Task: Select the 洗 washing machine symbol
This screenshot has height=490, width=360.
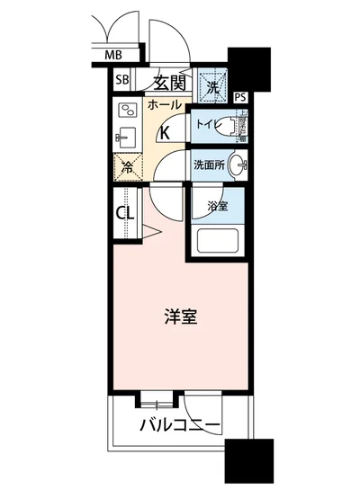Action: [213, 88]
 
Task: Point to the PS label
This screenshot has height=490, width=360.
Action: [240, 97]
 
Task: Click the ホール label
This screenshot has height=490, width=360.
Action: [163, 105]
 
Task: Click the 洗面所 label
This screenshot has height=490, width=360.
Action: [207, 165]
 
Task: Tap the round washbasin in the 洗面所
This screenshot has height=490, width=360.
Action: [238, 165]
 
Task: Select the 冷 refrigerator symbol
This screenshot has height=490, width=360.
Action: [128, 165]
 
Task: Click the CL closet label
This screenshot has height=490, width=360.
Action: [125, 213]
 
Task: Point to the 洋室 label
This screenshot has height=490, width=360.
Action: [180, 316]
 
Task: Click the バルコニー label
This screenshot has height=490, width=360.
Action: [181, 423]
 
